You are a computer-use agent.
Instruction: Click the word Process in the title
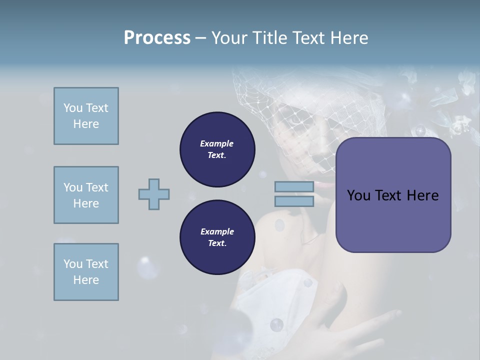[x=157, y=38]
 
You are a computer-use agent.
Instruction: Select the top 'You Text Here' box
[x=86, y=116]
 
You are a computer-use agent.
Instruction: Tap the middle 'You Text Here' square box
[x=86, y=195]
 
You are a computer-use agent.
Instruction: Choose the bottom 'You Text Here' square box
[x=86, y=272]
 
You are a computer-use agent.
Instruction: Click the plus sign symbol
[x=154, y=194]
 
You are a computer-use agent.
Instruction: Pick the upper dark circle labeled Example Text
[x=217, y=149]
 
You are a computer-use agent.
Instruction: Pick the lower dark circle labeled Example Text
[x=217, y=237]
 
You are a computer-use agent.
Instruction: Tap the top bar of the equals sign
[x=294, y=186]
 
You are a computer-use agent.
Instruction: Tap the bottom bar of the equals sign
[x=294, y=201]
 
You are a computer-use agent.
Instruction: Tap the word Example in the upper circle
[x=217, y=143]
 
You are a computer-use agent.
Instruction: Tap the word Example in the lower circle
[x=217, y=231]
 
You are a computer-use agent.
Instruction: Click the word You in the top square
[x=73, y=108]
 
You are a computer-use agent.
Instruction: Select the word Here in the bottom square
[x=86, y=280]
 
